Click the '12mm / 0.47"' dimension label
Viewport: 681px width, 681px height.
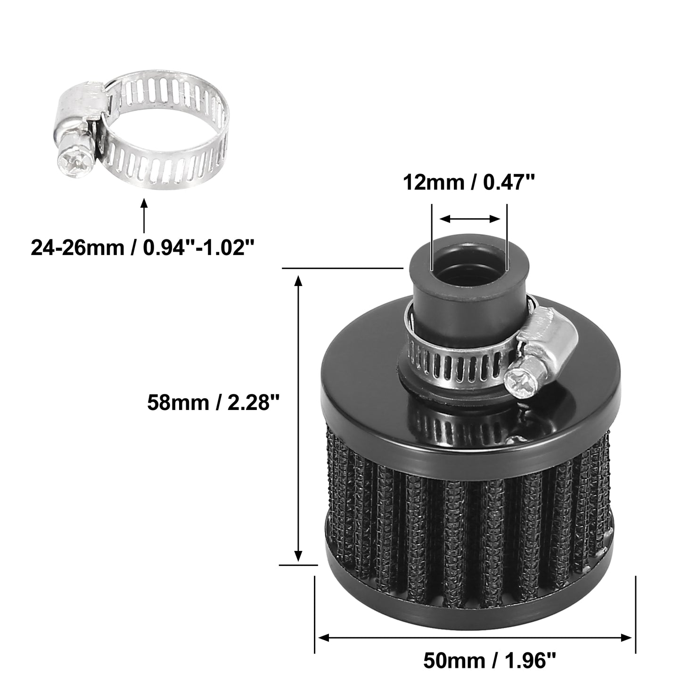[x=469, y=183]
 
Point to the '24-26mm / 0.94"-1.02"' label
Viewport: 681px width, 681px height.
[x=143, y=247]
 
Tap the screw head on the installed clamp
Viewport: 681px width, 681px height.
[x=519, y=381]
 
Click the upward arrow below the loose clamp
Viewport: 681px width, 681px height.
[x=143, y=215]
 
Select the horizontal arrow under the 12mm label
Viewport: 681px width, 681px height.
[x=470, y=219]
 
